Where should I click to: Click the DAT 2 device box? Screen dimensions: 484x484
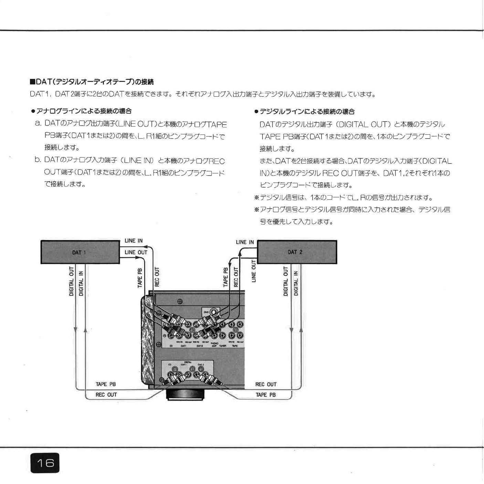(297, 252)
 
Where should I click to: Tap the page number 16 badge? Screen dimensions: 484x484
(45, 463)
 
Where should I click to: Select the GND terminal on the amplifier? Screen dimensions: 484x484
(214, 312)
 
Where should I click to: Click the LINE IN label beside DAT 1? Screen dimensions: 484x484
(133, 241)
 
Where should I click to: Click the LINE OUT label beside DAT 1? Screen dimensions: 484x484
(136, 252)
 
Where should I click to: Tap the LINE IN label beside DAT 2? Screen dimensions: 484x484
(245, 242)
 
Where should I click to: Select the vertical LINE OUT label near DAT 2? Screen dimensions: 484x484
(254, 271)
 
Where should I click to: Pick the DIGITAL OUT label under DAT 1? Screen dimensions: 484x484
(71, 281)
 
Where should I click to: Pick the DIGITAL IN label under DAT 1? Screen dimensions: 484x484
(81, 283)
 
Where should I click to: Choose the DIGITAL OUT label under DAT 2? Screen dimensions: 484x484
(285, 281)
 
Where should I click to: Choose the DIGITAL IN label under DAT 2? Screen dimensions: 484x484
(296, 283)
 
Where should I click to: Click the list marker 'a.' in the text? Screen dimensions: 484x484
(38, 123)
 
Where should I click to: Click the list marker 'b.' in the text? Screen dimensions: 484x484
(38, 160)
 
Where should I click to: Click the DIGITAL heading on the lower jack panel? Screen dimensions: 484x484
(188, 362)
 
